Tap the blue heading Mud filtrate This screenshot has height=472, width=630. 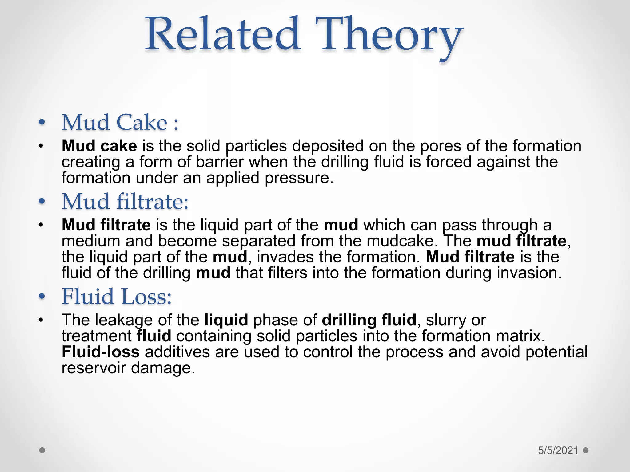click(125, 202)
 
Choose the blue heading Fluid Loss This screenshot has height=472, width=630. click(117, 297)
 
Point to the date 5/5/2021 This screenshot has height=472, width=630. click(558, 450)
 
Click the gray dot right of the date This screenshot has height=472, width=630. click(586, 450)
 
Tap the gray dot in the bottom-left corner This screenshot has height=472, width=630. click(42, 450)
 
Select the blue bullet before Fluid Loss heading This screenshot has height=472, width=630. click(42, 297)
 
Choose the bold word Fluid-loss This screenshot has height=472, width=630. click(101, 352)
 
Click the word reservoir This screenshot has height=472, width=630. click(94, 368)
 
